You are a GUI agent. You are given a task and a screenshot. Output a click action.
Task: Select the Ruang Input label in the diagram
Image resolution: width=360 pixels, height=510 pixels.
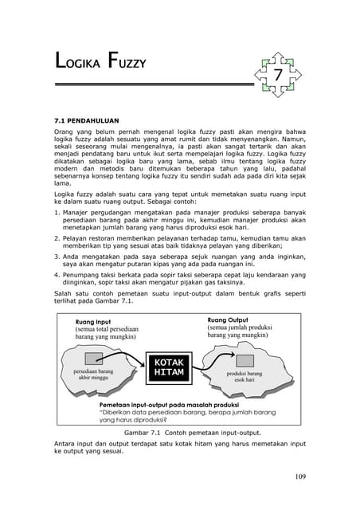coord(93,321)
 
